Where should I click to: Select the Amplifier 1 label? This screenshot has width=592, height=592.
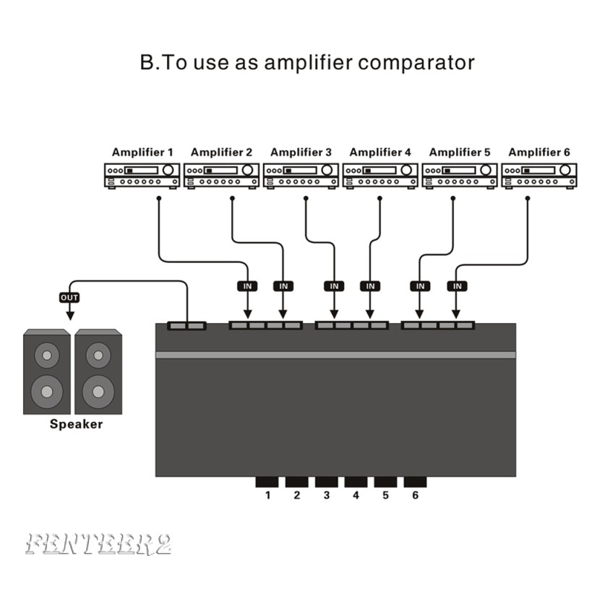[142, 153]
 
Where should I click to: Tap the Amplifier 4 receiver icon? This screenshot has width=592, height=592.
[380, 176]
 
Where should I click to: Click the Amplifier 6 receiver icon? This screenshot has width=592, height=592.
[539, 176]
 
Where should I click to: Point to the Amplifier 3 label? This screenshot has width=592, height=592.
[301, 153]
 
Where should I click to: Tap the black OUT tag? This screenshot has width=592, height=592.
[69, 297]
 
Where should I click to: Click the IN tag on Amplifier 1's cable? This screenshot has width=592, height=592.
[247, 286]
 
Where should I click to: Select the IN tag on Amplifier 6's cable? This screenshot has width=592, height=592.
[456, 286]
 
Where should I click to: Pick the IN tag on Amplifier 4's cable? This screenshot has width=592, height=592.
[370, 286]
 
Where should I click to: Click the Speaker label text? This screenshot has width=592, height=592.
[76, 424]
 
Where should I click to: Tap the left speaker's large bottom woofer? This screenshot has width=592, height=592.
[47, 391]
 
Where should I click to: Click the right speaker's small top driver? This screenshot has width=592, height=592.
[98, 356]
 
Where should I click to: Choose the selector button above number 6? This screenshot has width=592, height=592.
[415, 482]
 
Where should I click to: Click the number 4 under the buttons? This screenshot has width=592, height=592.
[356, 496]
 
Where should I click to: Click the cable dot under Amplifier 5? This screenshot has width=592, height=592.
[452, 197]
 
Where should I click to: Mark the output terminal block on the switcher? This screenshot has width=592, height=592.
[187, 326]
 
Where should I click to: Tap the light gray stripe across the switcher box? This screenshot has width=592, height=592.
[335, 355]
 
